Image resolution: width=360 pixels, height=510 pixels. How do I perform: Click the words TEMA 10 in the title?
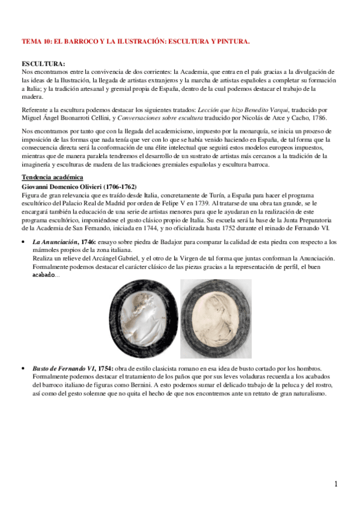coord(35,42)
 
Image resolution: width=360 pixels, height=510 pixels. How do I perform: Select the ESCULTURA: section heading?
coord(43,64)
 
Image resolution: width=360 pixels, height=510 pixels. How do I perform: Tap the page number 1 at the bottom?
coord(337,484)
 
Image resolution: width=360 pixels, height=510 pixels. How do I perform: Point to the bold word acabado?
coord(43,275)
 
